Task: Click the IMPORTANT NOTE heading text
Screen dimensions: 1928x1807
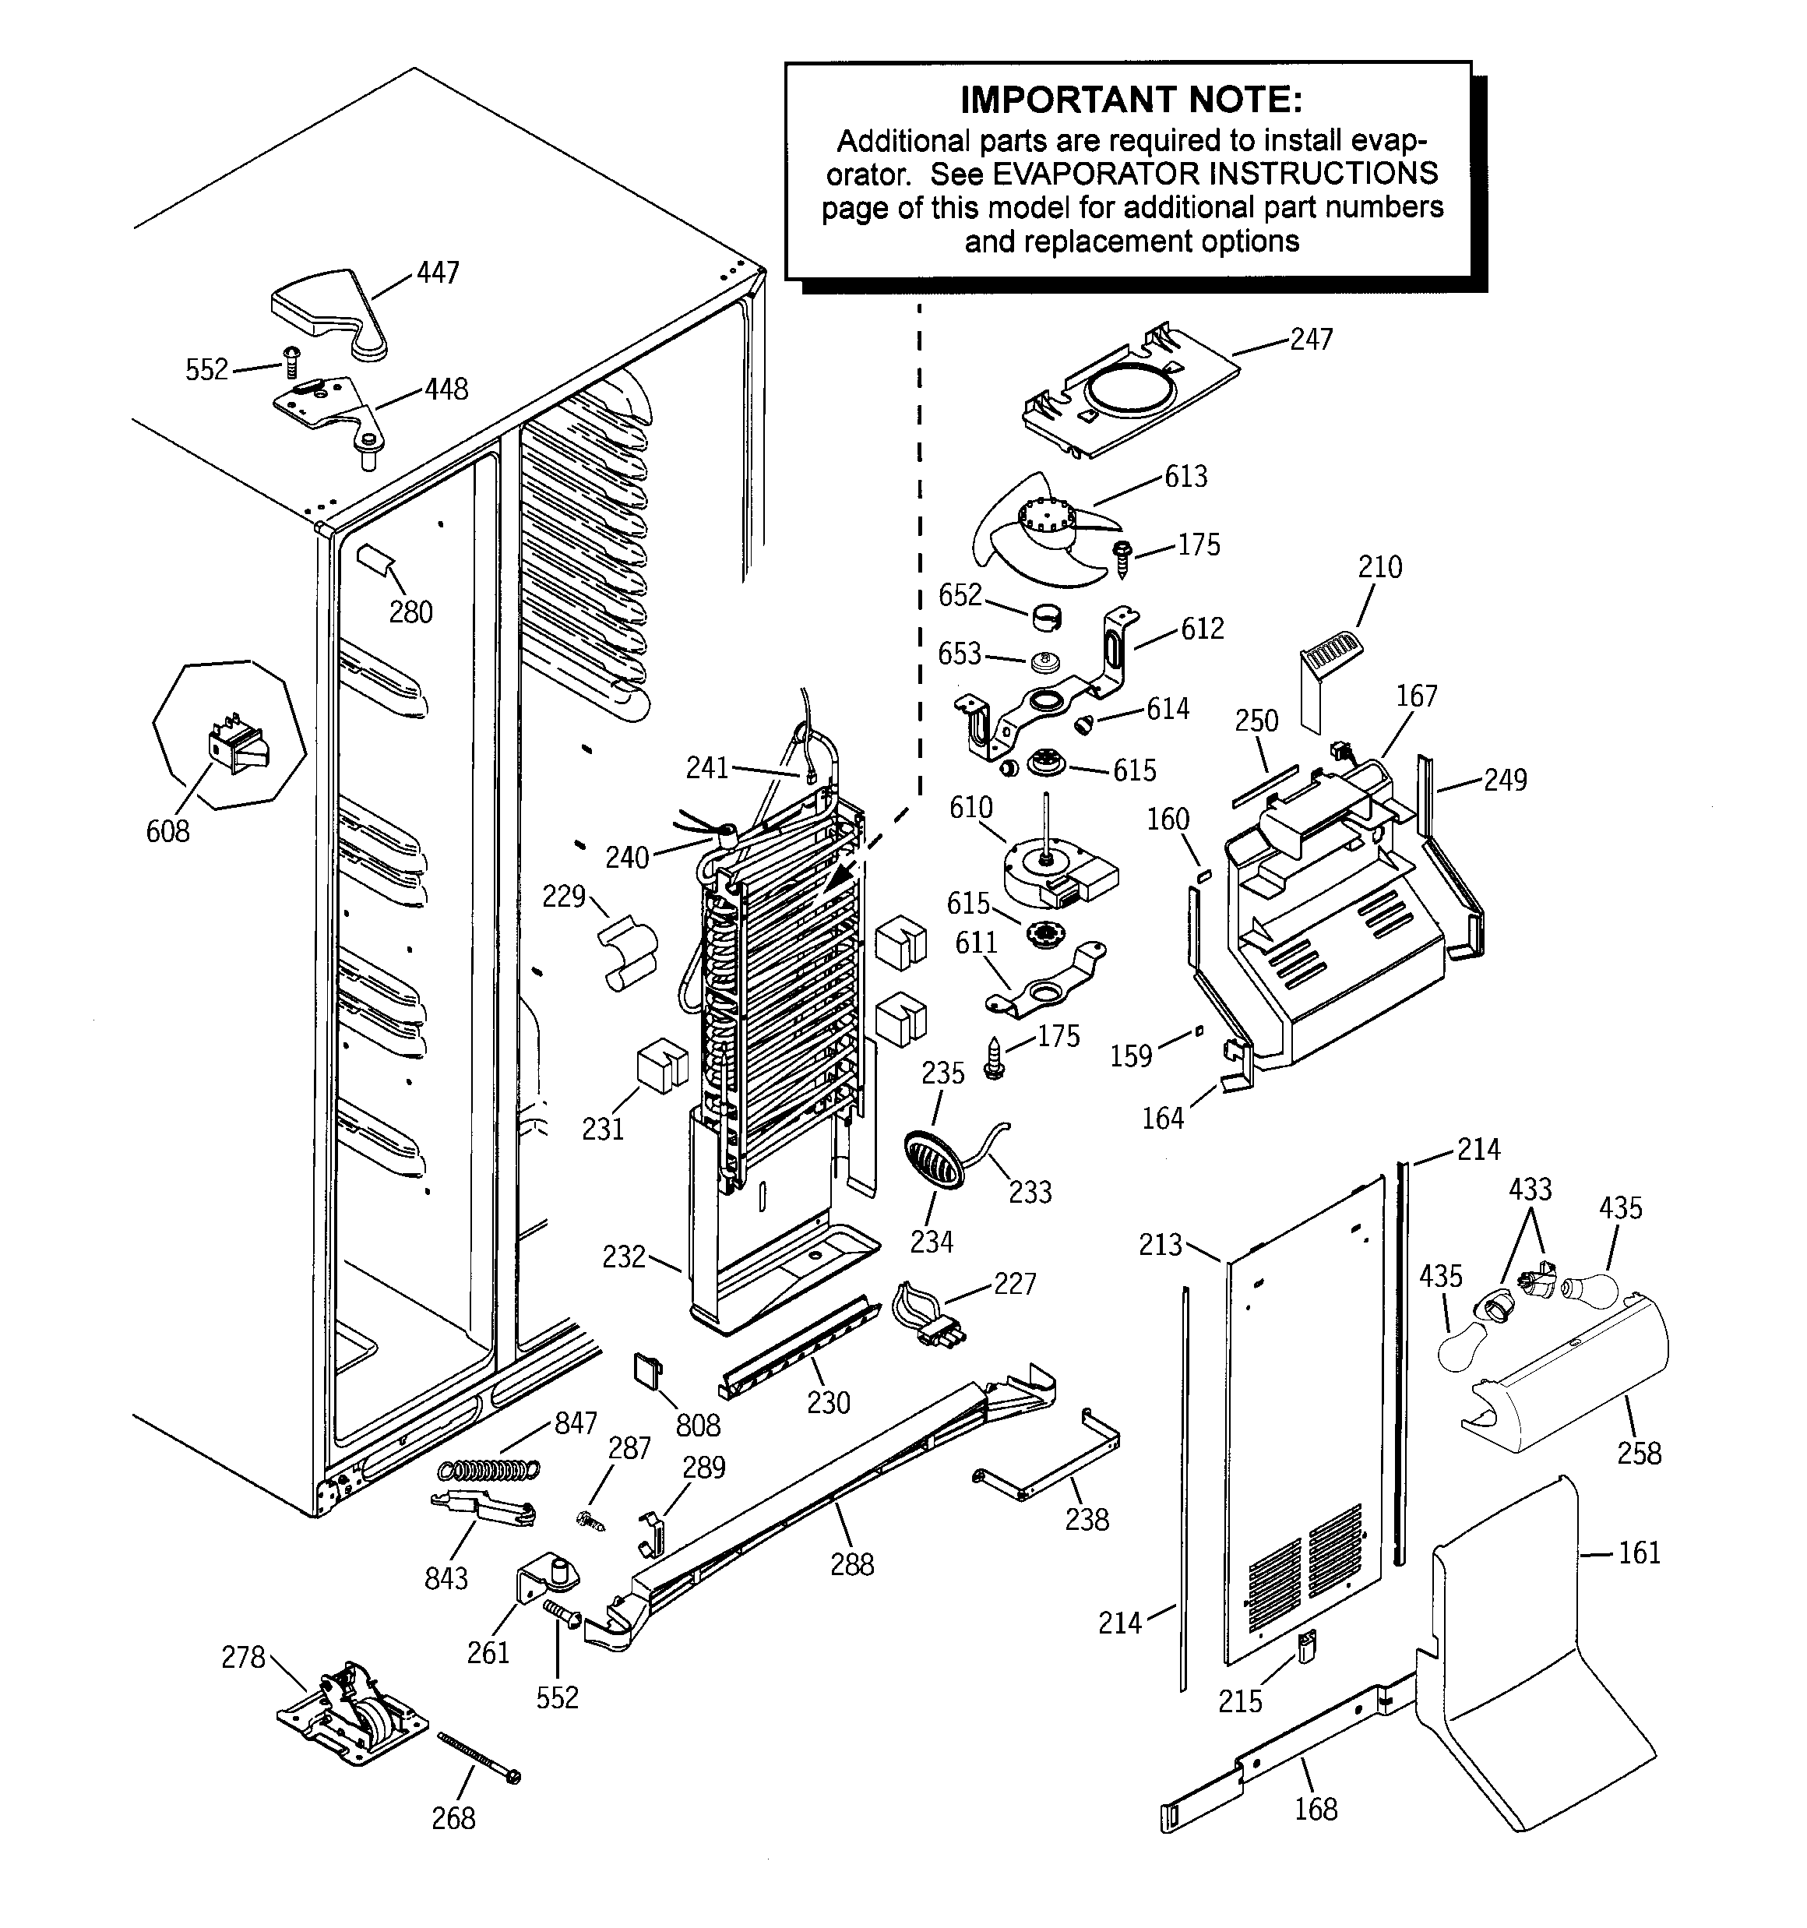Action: (x=1131, y=100)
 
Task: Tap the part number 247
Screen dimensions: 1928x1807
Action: (x=1312, y=340)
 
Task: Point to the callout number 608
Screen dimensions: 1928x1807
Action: (x=167, y=831)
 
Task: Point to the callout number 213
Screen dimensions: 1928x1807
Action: (x=1160, y=1244)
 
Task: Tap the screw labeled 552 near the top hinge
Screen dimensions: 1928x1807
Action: (x=292, y=363)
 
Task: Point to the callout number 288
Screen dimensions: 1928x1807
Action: (x=851, y=1564)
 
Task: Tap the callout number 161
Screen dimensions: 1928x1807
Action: (x=1640, y=1553)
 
